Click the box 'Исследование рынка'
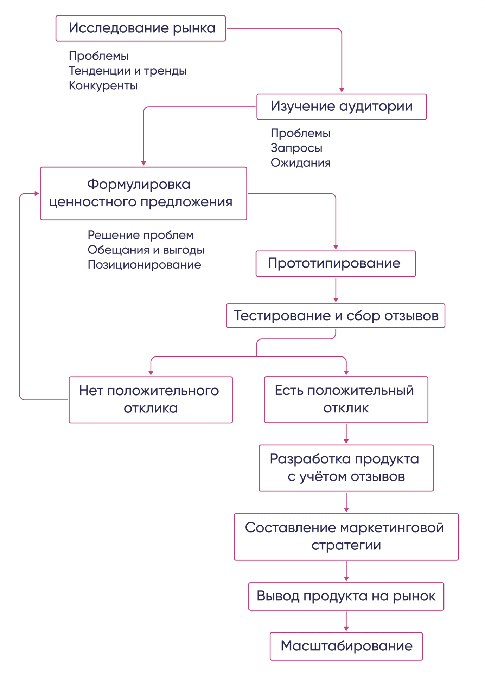click(x=141, y=28)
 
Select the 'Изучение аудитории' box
click(x=342, y=107)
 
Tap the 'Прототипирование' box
click(x=336, y=264)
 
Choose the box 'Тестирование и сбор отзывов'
click(x=336, y=316)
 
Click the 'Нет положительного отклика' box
click(x=151, y=400)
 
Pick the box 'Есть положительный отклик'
click(x=346, y=400)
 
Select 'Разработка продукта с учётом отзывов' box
click(x=346, y=468)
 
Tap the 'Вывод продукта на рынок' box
click(x=346, y=596)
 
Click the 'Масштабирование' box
click(x=346, y=646)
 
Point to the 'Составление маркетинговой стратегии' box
click(x=346, y=537)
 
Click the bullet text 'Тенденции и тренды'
click(x=128, y=71)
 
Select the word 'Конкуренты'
click(x=103, y=86)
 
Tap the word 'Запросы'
click(x=296, y=148)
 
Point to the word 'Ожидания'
click(x=301, y=163)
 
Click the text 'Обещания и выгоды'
click(x=146, y=250)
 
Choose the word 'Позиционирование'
click(x=144, y=265)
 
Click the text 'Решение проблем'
click(x=140, y=235)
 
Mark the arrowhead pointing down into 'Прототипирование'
click(x=336, y=247)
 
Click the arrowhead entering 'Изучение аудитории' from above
click(x=342, y=90)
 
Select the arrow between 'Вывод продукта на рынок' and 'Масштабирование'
click(x=346, y=621)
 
